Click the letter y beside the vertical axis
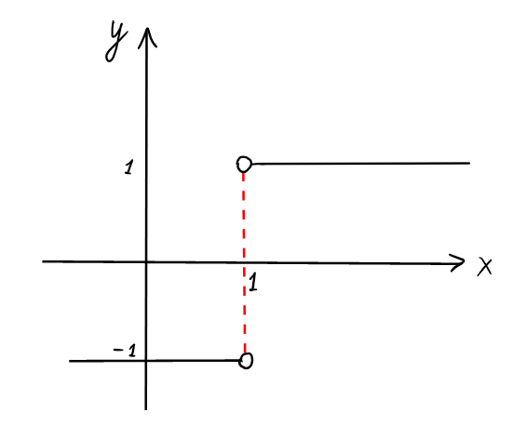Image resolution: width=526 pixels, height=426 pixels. pyautogui.click(x=115, y=42)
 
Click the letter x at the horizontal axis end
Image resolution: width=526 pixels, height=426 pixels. pyautogui.click(x=484, y=267)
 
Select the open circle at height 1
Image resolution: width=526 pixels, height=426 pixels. pyautogui.click(x=244, y=165)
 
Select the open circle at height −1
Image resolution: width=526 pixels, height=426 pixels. pyautogui.click(x=246, y=361)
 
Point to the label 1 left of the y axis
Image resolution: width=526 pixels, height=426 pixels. pyautogui.click(x=128, y=167)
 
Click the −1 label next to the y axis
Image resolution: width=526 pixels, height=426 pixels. pyautogui.click(x=125, y=351)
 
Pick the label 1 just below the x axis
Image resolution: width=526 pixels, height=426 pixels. pyautogui.click(x=253, y=282)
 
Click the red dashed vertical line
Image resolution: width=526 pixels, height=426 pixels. pyautogui.click(x=244, y=262)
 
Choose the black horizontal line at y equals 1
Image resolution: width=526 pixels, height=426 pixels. pyautogui.click(x=360, y=164)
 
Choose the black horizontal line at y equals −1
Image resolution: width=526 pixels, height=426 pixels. pyautogui.click(x=155, y=361)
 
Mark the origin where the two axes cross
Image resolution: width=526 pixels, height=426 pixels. pyautogui.click(x=146, y=261)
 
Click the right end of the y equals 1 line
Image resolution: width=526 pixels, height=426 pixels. pyautogui.click(x=469, y=163)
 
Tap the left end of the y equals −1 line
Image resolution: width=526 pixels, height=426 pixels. pyautogui.click(x=70, y=361)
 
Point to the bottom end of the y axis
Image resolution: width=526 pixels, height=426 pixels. pyautogui.click(x=145, y=409)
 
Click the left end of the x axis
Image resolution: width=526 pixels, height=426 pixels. pyautogui.click(x=43, y=261)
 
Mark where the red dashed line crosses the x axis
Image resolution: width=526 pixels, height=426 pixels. pyautogui.click(x=244, y=262)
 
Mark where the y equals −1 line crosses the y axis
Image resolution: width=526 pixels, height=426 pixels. pyautogui.click(x=146, y=361)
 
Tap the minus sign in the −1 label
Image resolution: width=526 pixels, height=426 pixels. pyautogui.click(x=117, y=351)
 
